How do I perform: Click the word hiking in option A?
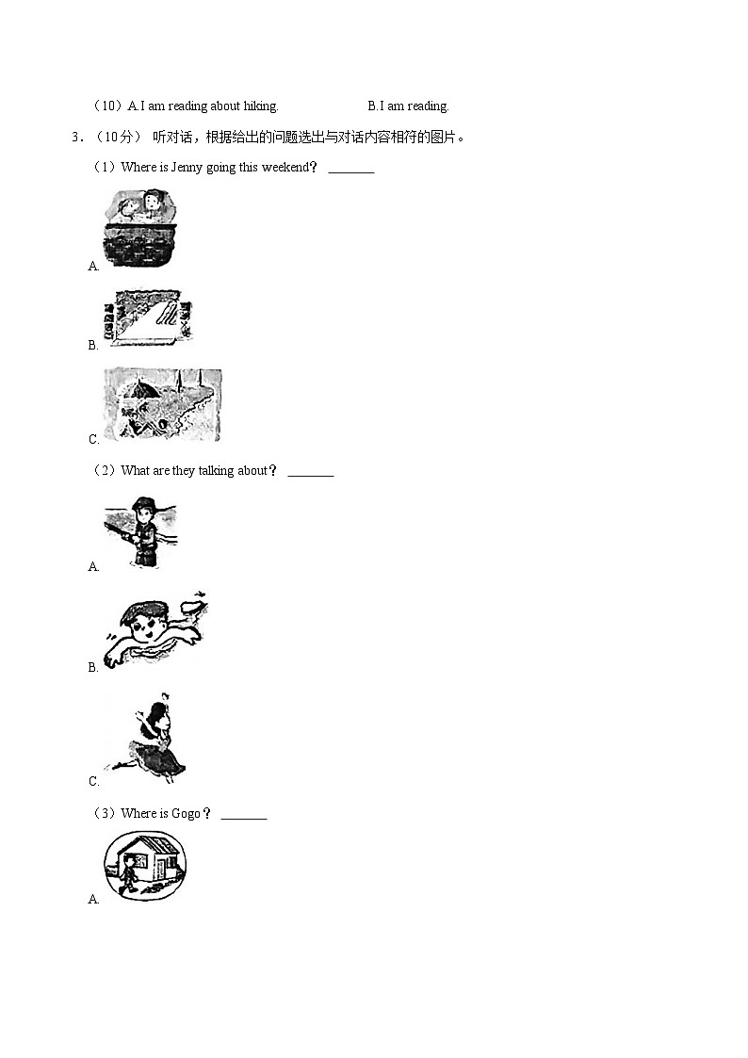point(260,106)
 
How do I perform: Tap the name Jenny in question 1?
point(187,168)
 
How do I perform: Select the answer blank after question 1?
point(351,172)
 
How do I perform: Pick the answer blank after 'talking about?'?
point(311,476)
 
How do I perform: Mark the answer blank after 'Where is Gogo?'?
point(244,819)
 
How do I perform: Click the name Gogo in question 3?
point(186,814)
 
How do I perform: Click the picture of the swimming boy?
point(155,629)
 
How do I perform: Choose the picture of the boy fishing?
point(141,532)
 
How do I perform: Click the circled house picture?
point(145,866)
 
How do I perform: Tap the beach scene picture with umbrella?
point(162,404)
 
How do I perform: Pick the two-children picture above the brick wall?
point(140,227)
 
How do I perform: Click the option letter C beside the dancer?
point(94,781)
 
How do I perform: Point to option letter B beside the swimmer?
point(93,667)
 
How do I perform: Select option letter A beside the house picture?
point(94,899)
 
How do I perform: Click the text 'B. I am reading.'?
point(408,106)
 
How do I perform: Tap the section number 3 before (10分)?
point(76,138)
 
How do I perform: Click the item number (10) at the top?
point(107,106)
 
